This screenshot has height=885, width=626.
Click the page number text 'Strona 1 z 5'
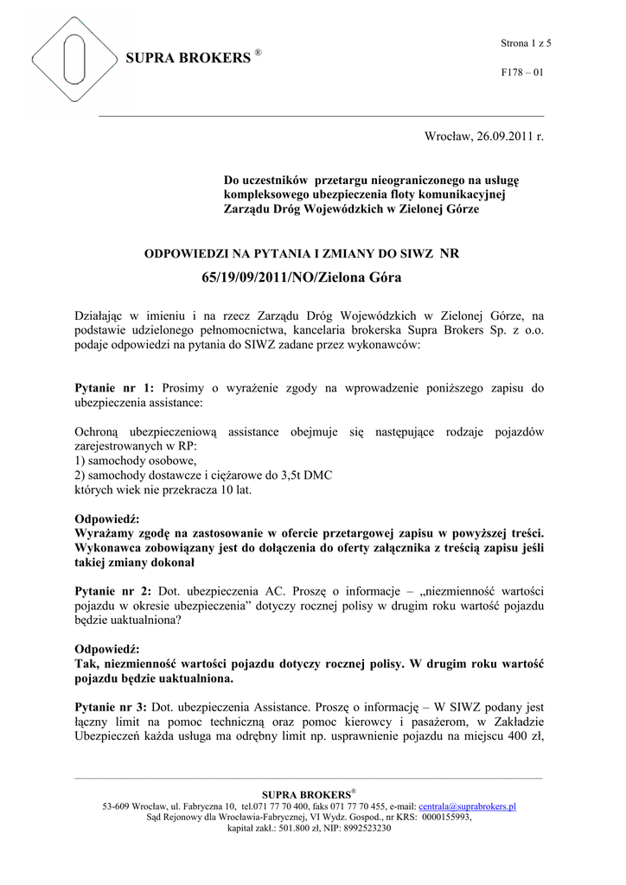pos(526,43)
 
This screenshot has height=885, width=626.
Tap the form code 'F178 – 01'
pos(523,73)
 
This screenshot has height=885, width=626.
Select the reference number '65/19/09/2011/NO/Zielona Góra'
pos(302,277)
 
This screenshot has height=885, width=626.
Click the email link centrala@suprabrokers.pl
pos(467,806)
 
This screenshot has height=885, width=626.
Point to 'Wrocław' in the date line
pos(445,138)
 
